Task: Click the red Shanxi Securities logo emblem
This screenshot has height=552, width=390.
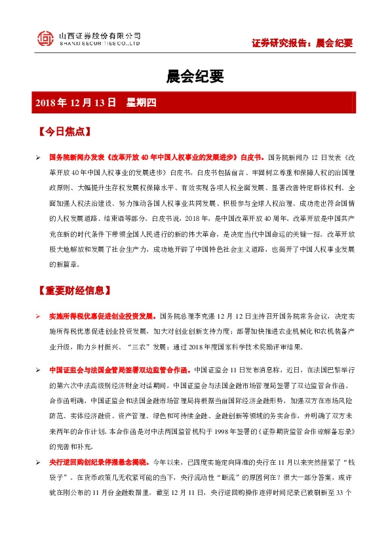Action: point(45,39)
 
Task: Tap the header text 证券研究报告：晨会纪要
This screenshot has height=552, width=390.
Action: point(302,43)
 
